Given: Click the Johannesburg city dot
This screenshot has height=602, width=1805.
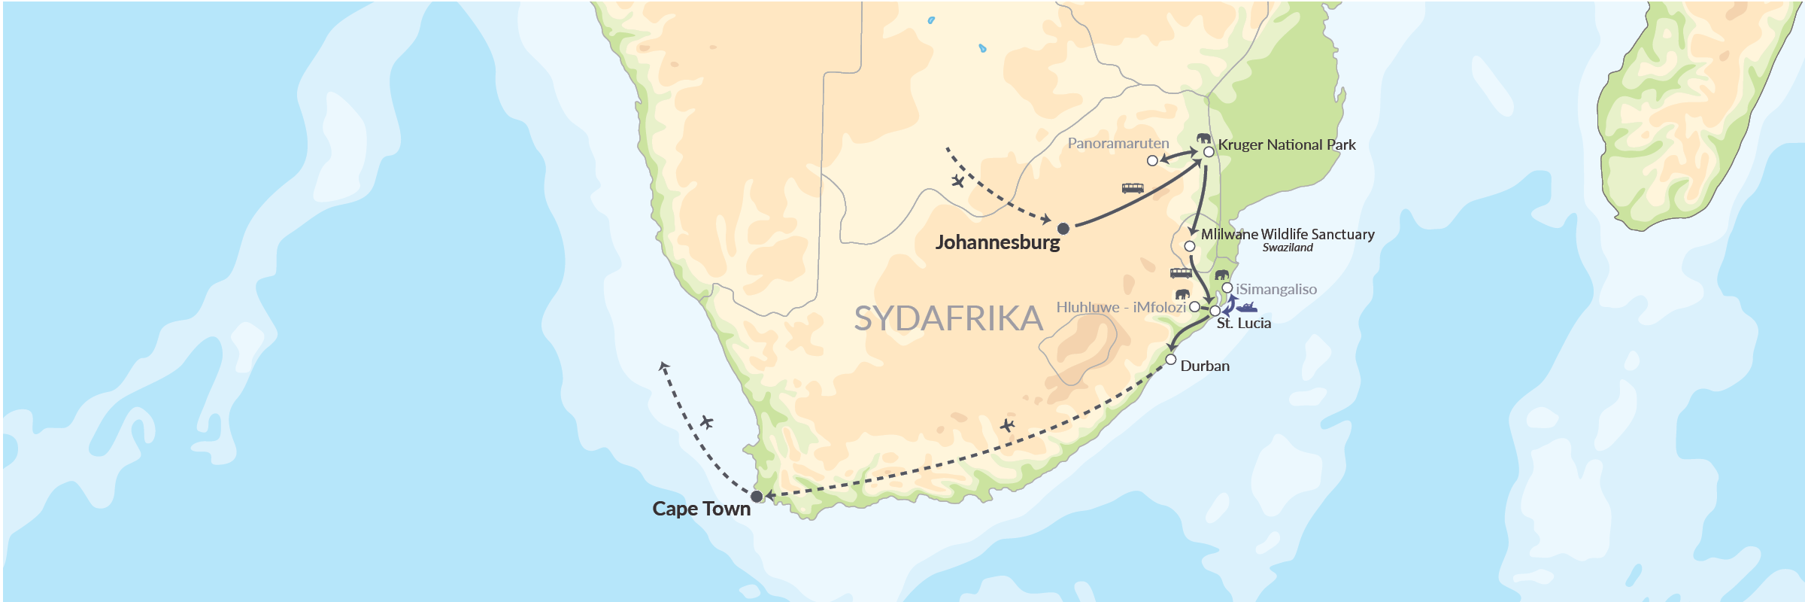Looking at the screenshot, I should click(1063, 228).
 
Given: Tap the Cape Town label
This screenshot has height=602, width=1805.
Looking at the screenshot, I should click(701, 509).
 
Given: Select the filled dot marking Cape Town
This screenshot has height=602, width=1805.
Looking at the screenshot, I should click(757, 496).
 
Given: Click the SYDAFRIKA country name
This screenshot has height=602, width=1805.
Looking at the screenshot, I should click(948, 319).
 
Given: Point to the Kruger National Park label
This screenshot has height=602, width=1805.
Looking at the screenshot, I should click(1286, 144).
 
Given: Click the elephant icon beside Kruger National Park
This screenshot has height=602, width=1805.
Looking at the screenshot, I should click(1204, 138).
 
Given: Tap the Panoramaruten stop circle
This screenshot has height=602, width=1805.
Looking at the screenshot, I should click(1152, 160).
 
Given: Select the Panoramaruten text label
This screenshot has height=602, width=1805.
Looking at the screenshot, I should click(1118, 143).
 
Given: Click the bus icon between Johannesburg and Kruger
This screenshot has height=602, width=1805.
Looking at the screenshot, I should click(1133, 188).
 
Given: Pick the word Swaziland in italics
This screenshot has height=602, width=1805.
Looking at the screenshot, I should click(1288, 248).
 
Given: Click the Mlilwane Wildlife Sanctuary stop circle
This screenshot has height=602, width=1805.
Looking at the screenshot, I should click(1190, 246).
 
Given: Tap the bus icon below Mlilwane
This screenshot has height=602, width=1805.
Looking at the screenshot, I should click(1181, 273).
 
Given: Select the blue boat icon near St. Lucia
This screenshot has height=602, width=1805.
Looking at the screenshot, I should click(1247, 307).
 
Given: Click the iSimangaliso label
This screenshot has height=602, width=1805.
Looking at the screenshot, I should click(1276, 289).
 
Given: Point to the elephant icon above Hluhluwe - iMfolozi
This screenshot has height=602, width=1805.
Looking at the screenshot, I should click(1182, 293).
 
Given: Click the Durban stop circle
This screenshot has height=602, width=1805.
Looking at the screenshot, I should click(1171, 360).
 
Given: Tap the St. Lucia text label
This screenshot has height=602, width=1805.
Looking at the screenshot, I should click(1244, 324).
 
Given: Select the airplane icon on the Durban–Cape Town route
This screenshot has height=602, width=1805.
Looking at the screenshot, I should click(1007, 426).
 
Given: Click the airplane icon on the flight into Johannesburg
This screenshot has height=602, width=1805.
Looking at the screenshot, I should click(957, 181).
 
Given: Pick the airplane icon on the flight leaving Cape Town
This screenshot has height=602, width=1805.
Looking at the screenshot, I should click(706, 422).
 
